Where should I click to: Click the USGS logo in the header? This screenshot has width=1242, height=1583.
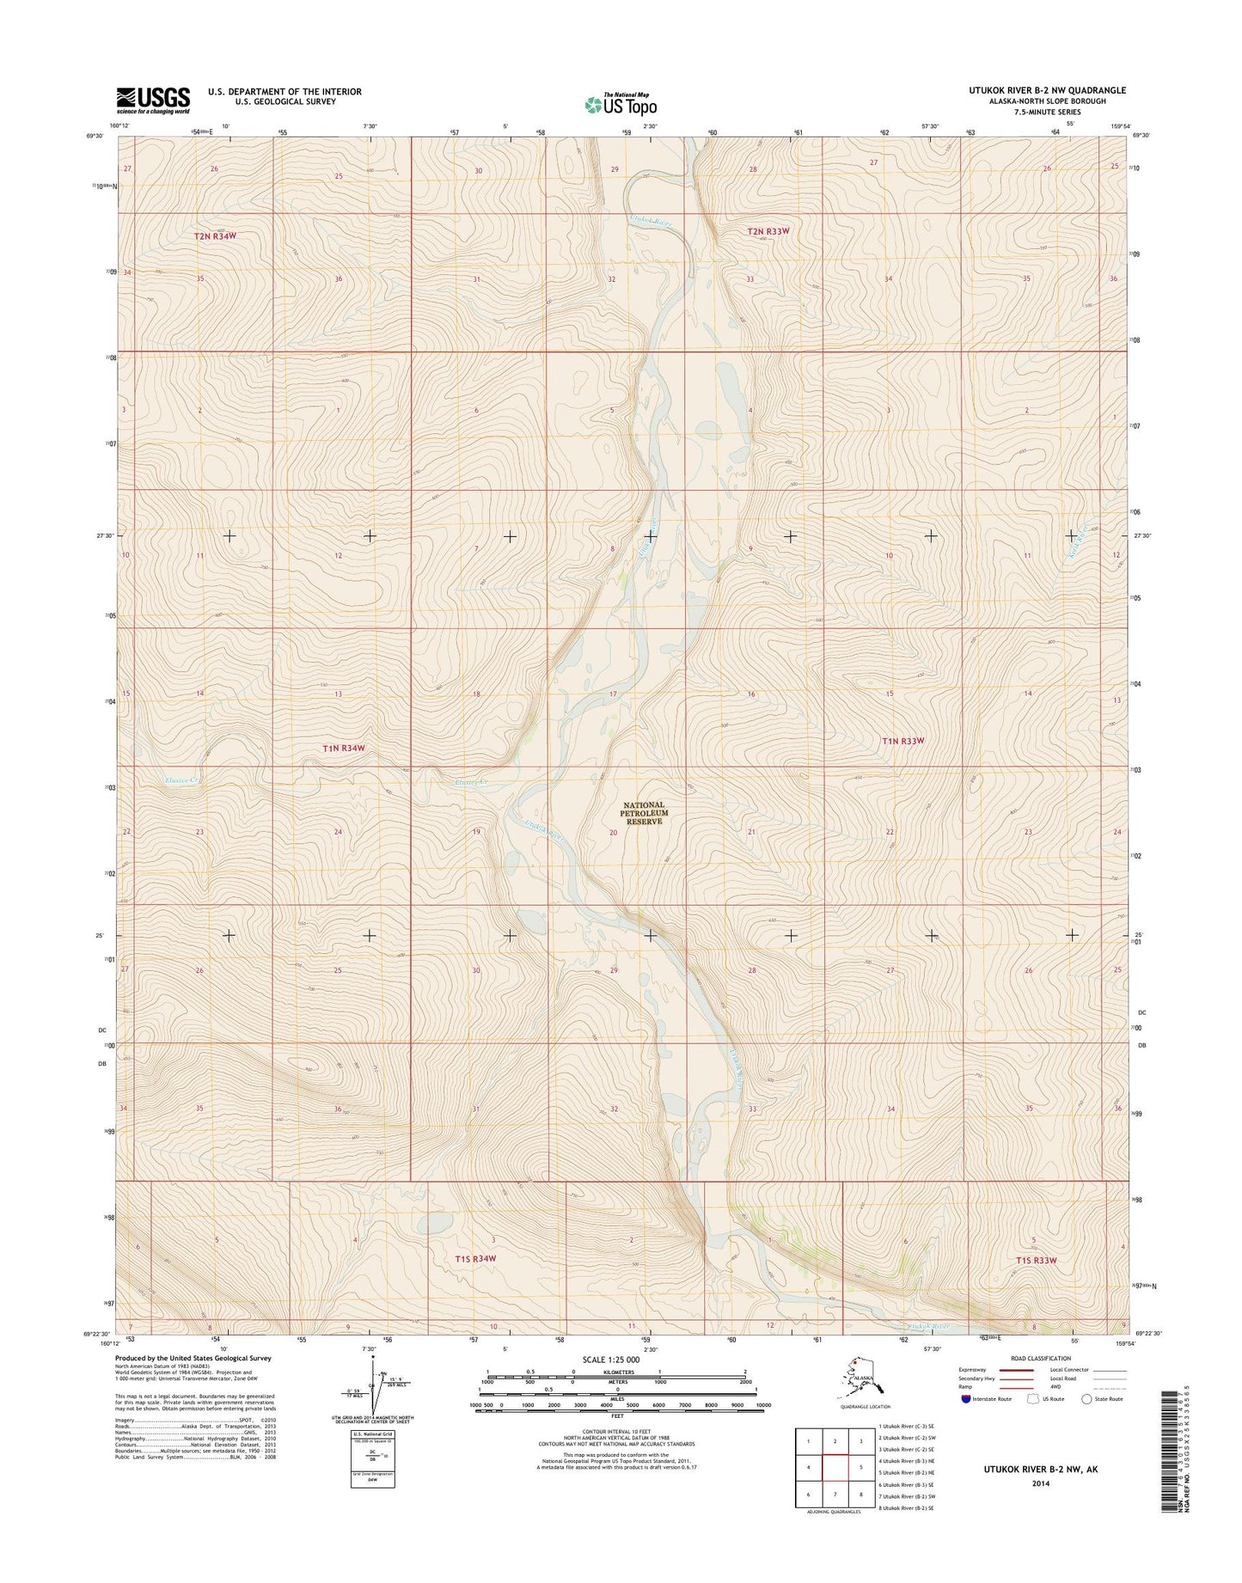[153, 100]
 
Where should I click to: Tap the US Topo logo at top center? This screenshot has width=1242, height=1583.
[621, 104]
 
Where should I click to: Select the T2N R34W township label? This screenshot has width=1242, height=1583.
[214, 235]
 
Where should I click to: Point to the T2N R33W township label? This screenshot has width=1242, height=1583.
[768, 231]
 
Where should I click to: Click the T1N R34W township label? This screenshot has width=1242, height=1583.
[344, 749]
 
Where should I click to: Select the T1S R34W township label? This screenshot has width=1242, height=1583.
[475, 1259]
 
